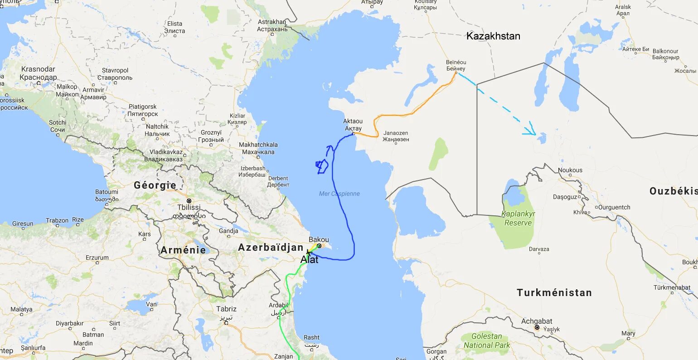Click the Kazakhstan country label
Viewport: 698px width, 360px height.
[493, 36]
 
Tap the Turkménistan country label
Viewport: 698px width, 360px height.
[554, 293]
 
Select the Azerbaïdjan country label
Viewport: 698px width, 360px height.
[271, 248]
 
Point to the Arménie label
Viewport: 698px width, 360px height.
[183, 250]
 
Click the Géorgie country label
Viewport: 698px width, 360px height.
[155, 185]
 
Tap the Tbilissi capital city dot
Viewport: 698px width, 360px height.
[189, 200]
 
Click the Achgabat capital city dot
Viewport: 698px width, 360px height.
[537, 327]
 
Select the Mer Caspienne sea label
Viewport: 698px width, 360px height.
[339, 194]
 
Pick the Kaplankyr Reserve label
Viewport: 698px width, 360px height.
[518, 218]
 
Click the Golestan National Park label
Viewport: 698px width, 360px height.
[487, 341]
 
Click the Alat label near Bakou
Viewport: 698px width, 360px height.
[310, 260]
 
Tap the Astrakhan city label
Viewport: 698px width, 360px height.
[272, 25]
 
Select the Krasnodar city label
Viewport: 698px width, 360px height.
[38, 73]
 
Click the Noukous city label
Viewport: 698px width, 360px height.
[570, 170]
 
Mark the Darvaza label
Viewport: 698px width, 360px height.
[539, 249]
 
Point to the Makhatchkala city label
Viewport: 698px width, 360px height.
[258, 148]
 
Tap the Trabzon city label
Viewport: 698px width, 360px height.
[57, 220]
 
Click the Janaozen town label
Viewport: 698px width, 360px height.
[396, 136]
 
